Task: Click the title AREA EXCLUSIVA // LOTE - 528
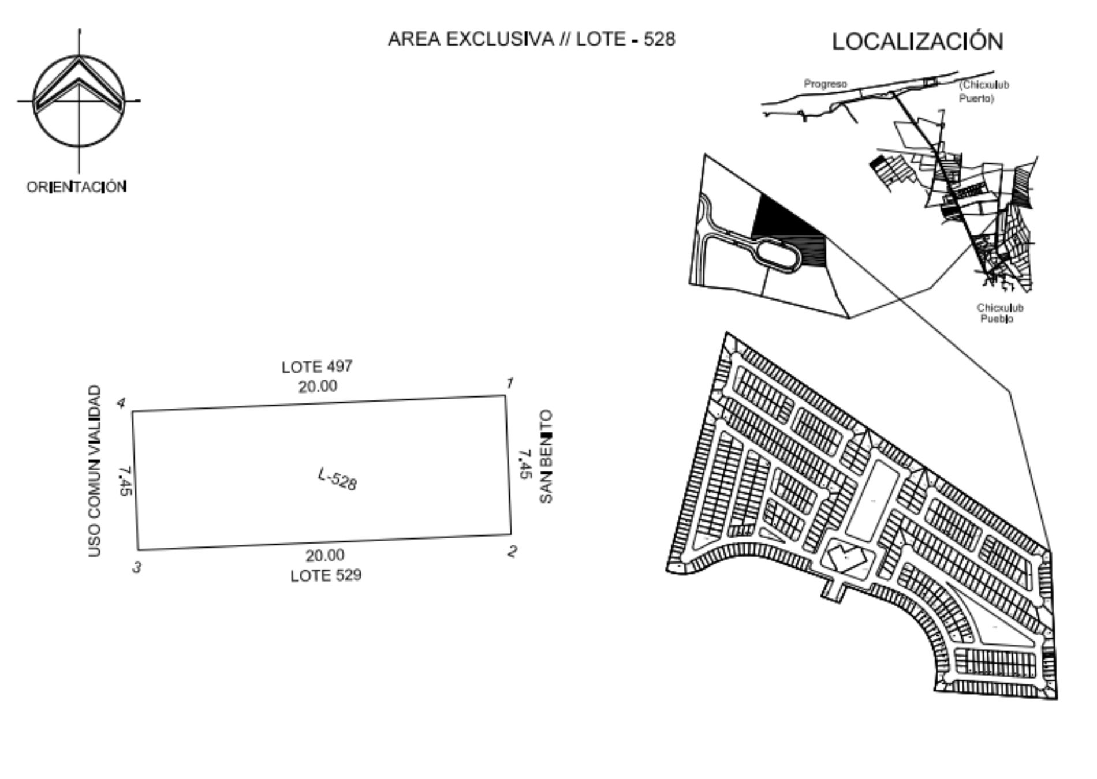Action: click(x=531, y=39)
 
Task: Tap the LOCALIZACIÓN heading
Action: click(x=917, y=41)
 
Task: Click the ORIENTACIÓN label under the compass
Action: click(x=77, y=187)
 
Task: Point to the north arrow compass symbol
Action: click(x=79, y=100)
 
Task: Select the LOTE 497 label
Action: click(x=317, y=367)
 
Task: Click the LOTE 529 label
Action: click(x=326, y=575)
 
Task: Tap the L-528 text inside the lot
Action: click(x=338, y=479)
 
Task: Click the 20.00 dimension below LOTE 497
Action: click(x=318, y=386)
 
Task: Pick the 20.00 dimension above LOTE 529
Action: click(x=325, y=555)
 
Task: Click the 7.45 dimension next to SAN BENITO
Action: click(x=524, y=464)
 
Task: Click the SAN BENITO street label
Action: click(x=546, y=456)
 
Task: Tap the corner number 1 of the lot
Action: click(x=510, y=383)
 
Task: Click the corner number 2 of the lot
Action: click(x=512, y=552)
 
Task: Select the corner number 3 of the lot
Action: click(x=136, y=568)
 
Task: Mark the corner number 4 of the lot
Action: click(x=121, y=403)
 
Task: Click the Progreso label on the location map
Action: click(x=825, y=84)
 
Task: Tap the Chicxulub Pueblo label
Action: click(x=999, y=313)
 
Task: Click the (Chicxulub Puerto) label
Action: click(x=984, y=91)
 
